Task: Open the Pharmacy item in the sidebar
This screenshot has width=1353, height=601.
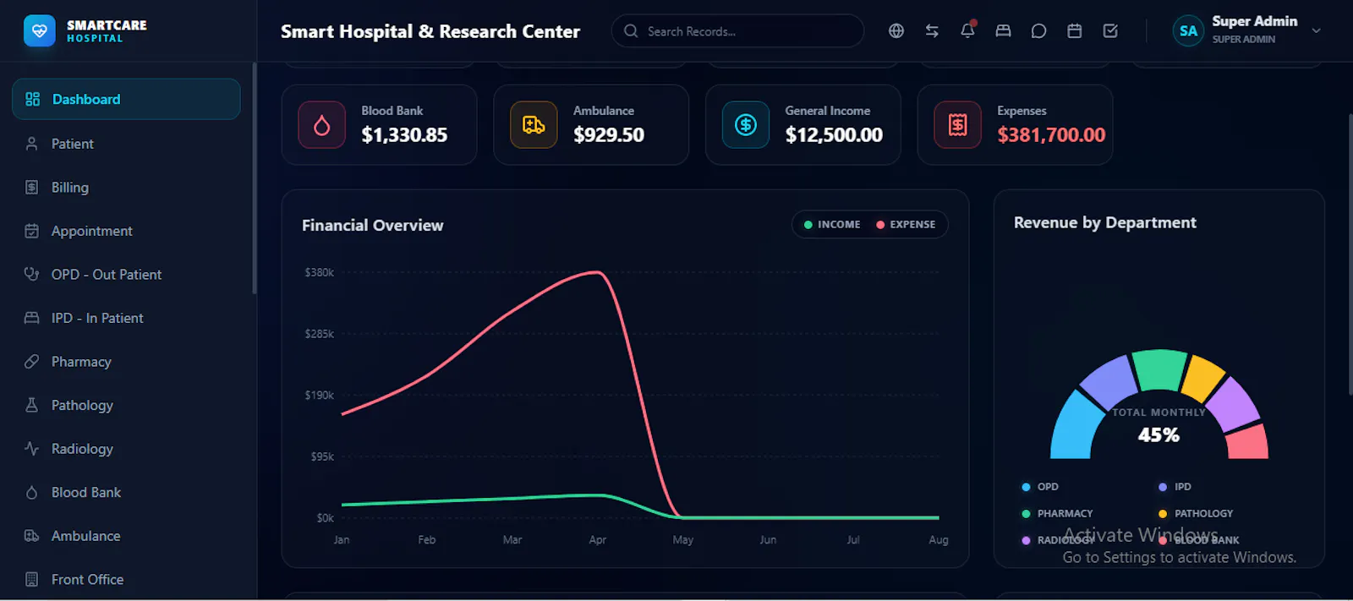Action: (81, 362)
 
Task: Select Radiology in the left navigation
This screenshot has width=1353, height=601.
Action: (82, 449)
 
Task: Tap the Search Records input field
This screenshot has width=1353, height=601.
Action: (737, 31)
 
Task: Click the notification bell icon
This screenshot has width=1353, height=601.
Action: (967, 30)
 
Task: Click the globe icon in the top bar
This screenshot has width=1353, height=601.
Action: (896, 30)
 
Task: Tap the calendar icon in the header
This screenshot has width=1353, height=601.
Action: (1075, 30)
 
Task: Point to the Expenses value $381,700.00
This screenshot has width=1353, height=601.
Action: (1051, 134)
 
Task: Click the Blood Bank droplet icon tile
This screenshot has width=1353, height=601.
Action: (322, 125)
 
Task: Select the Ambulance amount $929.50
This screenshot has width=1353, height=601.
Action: (608, 134)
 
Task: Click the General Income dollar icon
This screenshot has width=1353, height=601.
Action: (745, 125)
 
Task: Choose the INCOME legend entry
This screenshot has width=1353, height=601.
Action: (832, 225)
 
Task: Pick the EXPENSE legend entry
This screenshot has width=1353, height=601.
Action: (906, 225)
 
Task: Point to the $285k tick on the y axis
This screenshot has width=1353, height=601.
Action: (319, 334)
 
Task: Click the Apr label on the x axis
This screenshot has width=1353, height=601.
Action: (597, 540)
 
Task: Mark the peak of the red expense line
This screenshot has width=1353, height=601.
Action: (597, 272)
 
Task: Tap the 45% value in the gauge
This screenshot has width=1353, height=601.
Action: (1159, 434)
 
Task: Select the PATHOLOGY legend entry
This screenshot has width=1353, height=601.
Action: (1196, 513)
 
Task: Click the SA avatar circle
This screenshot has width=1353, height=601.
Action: (1187, 30)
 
